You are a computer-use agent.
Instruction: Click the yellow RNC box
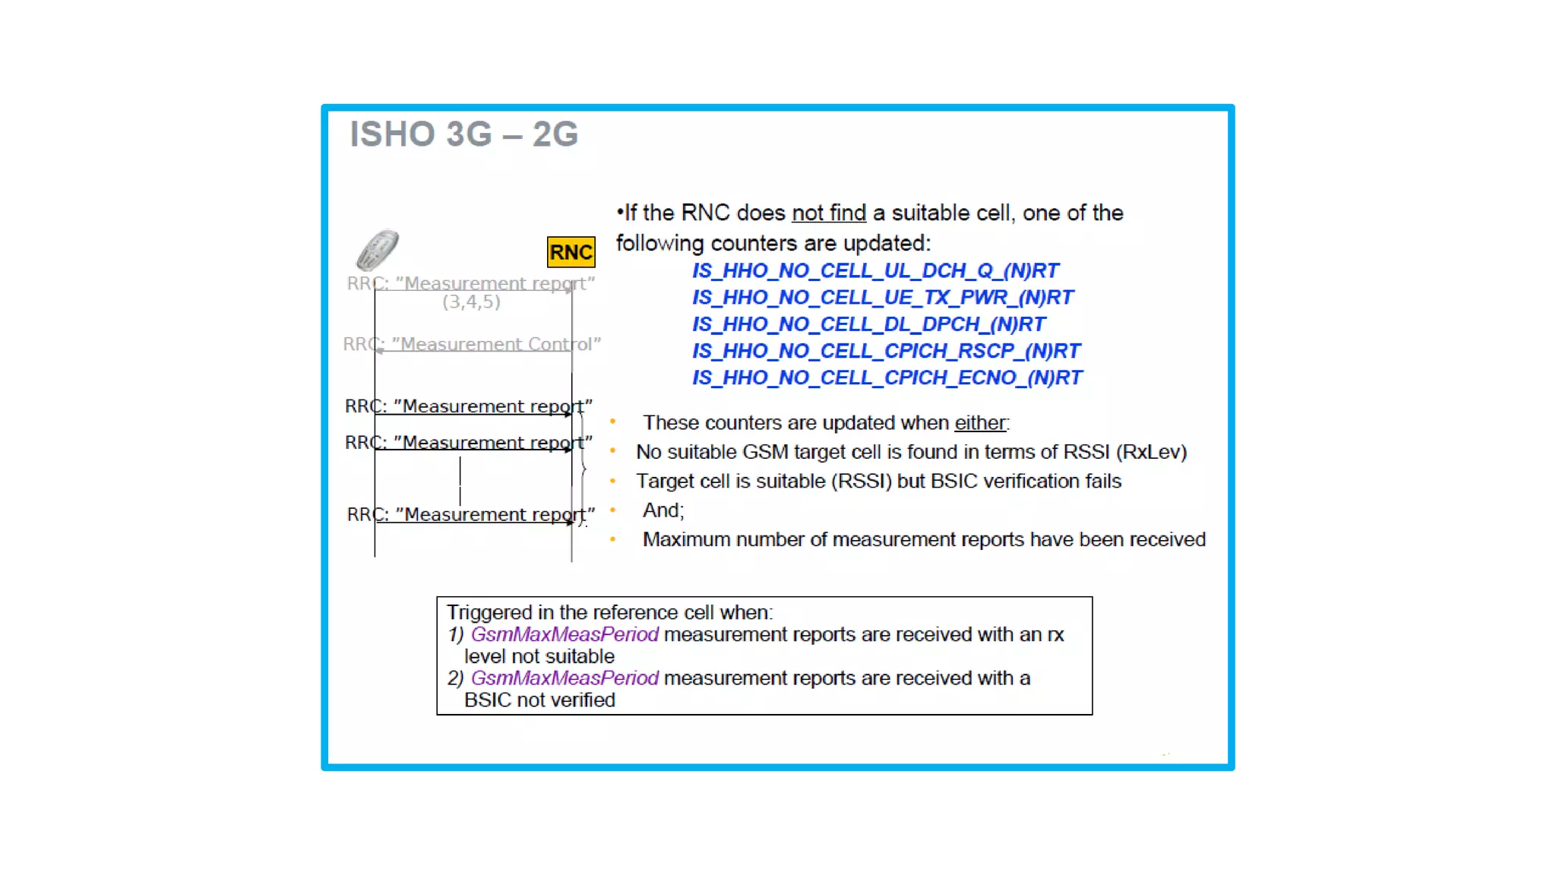tap(571, 252)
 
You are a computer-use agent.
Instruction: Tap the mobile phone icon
tap(378, 250)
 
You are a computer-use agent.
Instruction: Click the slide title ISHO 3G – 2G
tap(463, 134)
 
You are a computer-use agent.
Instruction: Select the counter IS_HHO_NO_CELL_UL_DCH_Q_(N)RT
tap(875, 271)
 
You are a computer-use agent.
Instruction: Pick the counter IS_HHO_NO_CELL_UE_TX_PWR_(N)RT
tap(883, 298)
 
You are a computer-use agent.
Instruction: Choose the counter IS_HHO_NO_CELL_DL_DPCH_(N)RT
tap(868, 324)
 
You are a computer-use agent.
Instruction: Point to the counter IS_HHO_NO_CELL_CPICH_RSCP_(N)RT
tap(886, 351)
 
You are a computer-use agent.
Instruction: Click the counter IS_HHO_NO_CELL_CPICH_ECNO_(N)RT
tap(887, 377)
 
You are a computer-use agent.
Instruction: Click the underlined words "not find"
tap(828, 213)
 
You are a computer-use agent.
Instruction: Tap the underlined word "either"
tap(980, 423)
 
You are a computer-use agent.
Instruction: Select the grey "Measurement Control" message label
tap(472, 344)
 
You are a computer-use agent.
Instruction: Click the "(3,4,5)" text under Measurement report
tap(471, 302)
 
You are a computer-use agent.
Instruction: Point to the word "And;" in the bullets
tap(663, 510)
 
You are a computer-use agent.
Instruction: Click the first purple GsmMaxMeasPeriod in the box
tap(565, 634)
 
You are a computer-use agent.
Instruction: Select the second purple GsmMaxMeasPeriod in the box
tap(565, 678)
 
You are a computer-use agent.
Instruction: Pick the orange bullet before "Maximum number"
tap(612, 539)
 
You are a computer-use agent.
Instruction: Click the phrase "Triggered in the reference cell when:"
tap(609, 612)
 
